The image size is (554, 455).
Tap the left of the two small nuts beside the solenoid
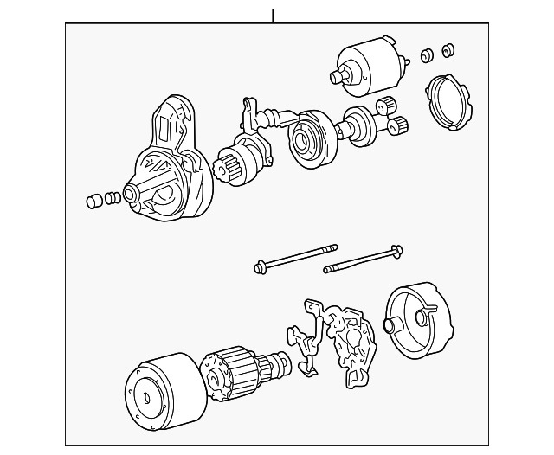coord(426,55)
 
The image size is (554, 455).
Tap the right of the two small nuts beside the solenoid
coord(448,49)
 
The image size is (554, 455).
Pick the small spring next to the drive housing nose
coord(112,200)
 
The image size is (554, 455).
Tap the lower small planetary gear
coord(397,128)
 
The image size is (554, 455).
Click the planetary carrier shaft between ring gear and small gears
coord(357,126)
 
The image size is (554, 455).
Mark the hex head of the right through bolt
coord(396,252)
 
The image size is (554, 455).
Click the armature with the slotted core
coord(234,373)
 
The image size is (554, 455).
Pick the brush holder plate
coord(346,337)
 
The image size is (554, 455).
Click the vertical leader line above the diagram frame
coord(273,15)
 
